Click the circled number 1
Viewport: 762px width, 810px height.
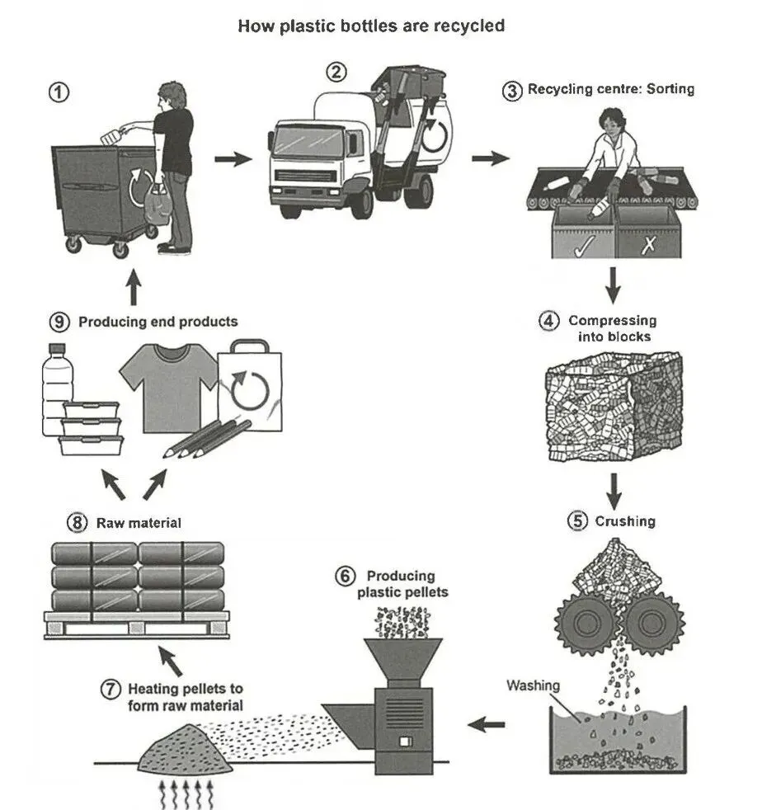tap(59, 93)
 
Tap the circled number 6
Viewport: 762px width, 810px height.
tap(345, 576)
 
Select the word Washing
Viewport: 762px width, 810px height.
tap(533, 685)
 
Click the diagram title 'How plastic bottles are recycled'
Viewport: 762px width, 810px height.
tap(371, 26)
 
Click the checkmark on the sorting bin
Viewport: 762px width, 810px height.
tap(585, 245)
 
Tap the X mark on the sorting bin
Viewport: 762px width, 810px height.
tap(648, 245)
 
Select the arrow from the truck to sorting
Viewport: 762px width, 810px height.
tap(490, 158)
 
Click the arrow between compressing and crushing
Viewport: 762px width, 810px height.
tap(614, 492)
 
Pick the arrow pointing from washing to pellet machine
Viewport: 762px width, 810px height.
tap(486, 724)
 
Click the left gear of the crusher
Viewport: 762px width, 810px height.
tap(587, 623)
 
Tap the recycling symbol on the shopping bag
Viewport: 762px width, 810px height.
tap(250, 390)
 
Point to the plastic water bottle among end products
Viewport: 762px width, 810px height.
tap(56, 390)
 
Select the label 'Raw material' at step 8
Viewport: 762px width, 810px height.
tap(139, 523)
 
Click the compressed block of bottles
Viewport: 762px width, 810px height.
tap(614, 407)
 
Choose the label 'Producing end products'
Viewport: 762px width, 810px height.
tap(158, 322)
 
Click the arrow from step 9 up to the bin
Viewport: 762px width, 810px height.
tap(134, 287)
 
